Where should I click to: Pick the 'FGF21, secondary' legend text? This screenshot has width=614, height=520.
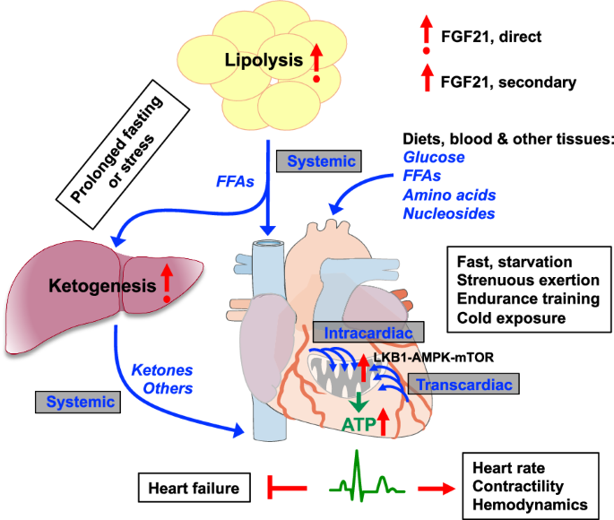tap(507, 82)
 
